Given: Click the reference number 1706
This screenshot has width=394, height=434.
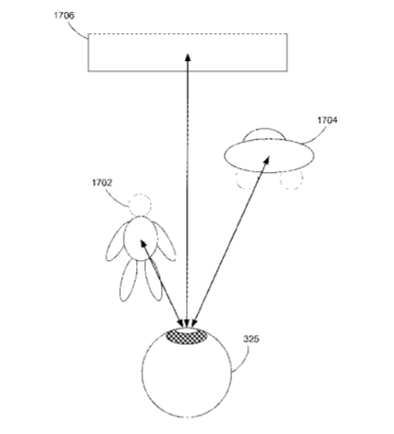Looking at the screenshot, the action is (x=64, y=16).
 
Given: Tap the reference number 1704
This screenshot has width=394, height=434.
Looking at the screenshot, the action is (x=327, y=120).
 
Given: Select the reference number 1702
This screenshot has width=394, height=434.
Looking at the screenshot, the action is (x=102, y=183).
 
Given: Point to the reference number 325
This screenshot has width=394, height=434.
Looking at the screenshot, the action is (x=252, y=339).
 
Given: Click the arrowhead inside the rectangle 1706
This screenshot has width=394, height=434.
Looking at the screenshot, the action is (x=188, y=57).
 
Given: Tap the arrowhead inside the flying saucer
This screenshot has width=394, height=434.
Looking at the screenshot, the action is (x=267, y=159).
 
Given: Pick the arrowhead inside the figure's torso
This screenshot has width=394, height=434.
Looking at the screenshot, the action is (x=143, y=243).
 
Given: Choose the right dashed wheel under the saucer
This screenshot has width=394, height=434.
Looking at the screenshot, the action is (x=291, y=180).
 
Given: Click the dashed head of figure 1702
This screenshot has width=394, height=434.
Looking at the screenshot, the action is (x=140, y=205).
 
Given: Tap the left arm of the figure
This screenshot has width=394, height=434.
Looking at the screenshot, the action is (x=117, y=242).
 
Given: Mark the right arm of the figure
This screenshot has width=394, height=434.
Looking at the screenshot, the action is (x=165, y=242).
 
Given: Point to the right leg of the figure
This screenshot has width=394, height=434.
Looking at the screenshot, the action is (x=153, y=280).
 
